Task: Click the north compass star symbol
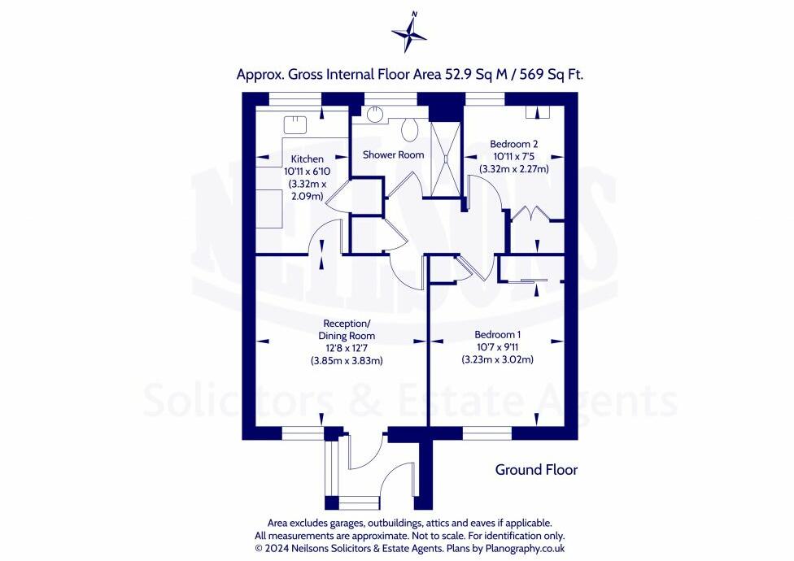point(408,34)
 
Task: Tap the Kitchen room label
point(307,159)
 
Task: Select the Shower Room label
point(394,154)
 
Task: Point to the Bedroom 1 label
point(497,334)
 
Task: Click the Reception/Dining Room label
point(347,329)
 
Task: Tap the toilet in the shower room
point(409,130)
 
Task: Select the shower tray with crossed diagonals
point(446,159)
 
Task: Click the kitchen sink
point(294,124)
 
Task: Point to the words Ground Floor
point(536,470)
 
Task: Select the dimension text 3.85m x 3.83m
point(347,361)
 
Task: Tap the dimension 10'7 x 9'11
point(497,347)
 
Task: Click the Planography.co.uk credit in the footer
point(525,548)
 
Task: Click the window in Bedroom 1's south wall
point(487,433)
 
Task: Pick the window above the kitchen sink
point(295,99)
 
